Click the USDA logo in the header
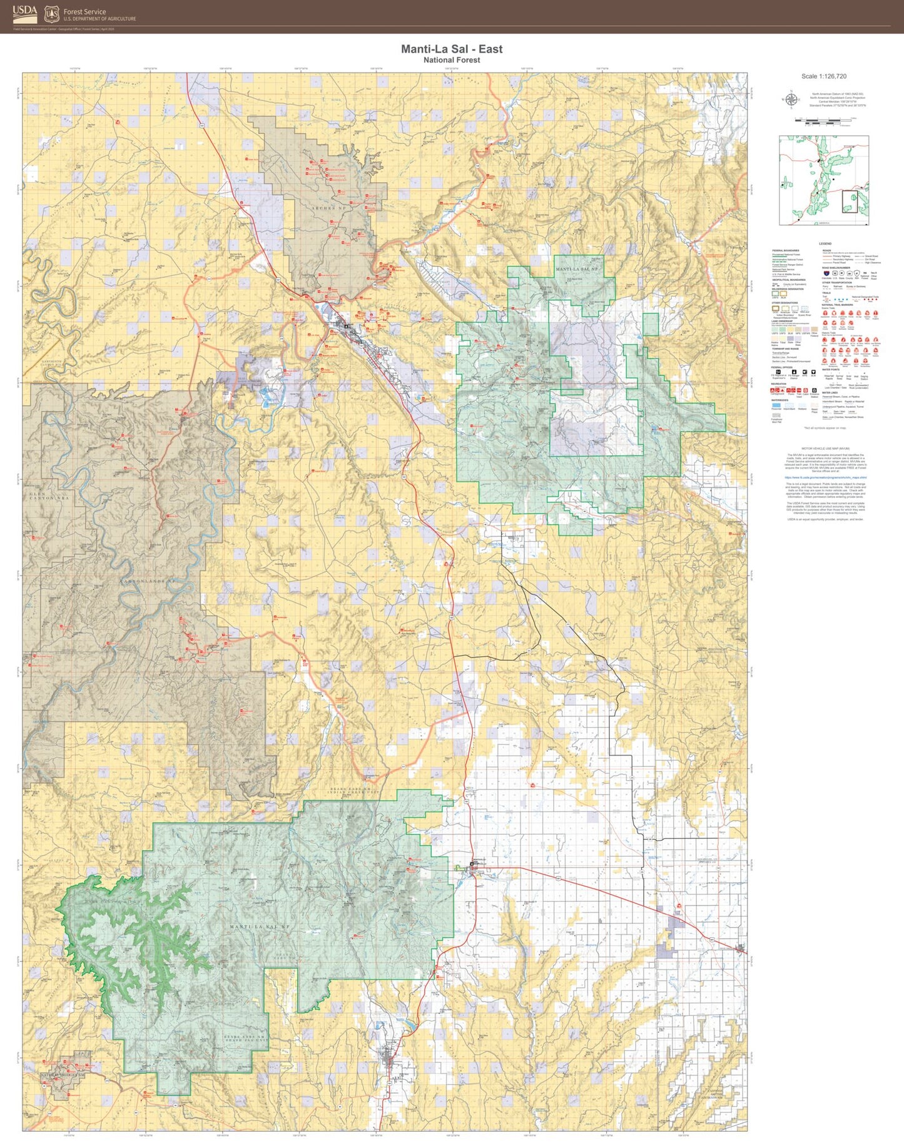pos(25,14)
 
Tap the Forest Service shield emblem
pos(52,14)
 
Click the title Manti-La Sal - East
pos(451,49)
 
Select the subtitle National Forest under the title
pos(451,60)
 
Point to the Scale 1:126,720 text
pos(823,76)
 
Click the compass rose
pos(791,99)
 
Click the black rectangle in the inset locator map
pos(850,201)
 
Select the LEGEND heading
pos(825,243)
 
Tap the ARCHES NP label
pos(329,208)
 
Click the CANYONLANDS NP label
pos(145,581)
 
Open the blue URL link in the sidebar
pos(825,477)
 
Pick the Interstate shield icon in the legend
pos(826,273)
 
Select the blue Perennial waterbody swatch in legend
pos(776,405)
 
